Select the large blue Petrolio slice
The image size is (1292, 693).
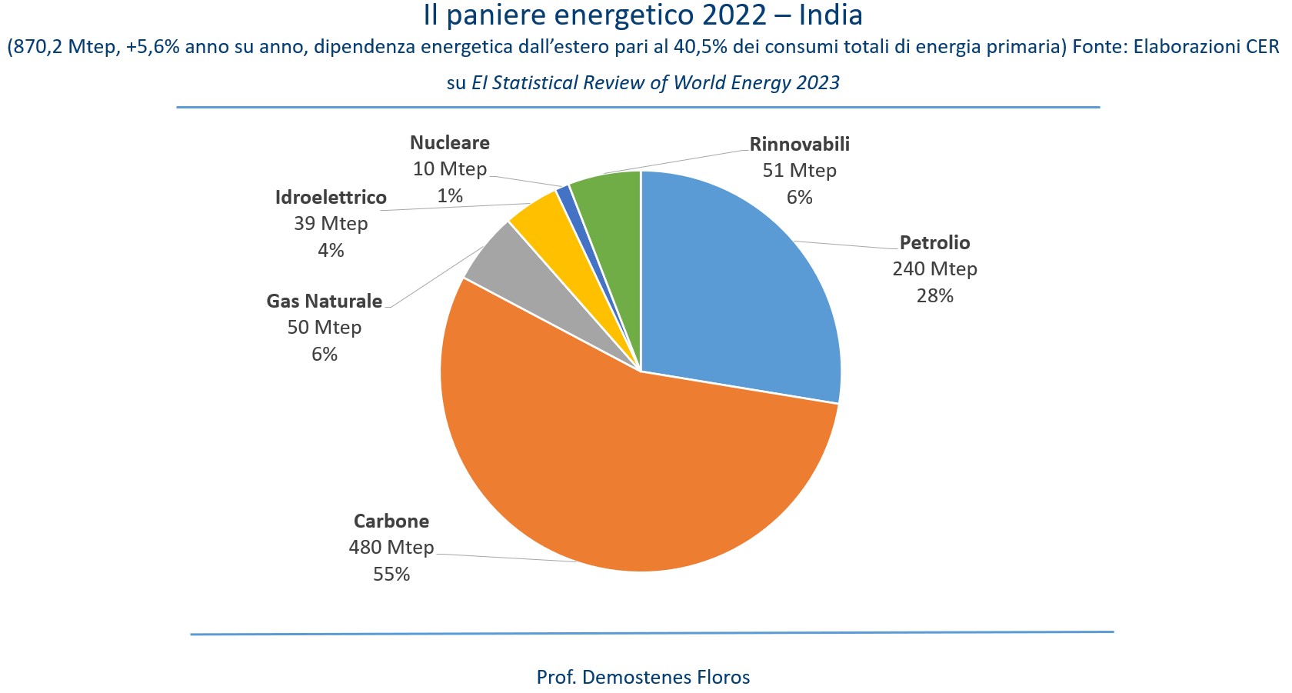pyautogui.click(x=738, y=292)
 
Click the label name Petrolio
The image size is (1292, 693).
pyautogui.click(x=934, y=243)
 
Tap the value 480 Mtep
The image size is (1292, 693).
pyautogui.click(x=391, y=548)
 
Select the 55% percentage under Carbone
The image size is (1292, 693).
pyautogui.click(x=391, y=575)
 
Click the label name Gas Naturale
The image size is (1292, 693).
pyautogui.click(x=324, y=302)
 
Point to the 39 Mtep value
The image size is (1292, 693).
pyautogui.click(x=331, y=224)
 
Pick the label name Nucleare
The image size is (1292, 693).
pyautogui.click(x=449, y=143)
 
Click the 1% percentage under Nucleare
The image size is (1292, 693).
pyautogui.click(x=450, y=196)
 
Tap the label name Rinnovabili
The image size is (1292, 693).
pyautogui.click(x=799, y=145)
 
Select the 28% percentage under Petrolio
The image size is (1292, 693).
pyautogui.click(x=934, y=296)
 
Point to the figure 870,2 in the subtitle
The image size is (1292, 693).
pyautogui.click(x=38, y=48)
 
